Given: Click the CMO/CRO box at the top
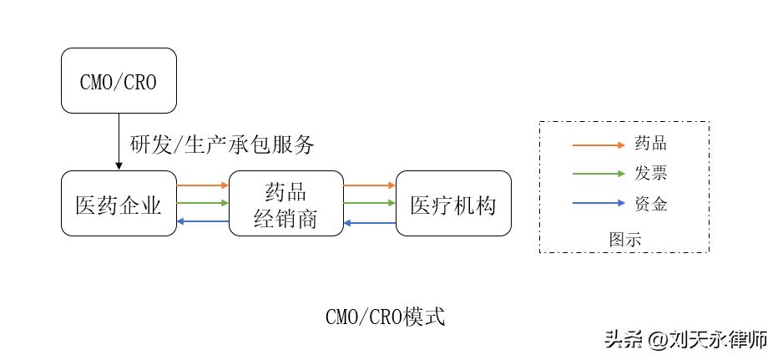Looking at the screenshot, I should (x=119, y=80).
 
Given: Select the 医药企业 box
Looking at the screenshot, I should (x=119, y=203).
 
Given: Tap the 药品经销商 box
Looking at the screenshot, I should (x=285, y=203).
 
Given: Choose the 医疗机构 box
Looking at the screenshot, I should (x=452, y=203).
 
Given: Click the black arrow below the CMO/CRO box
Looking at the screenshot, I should (x=119, y=141).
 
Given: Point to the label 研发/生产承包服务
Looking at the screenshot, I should (x=222, y=145).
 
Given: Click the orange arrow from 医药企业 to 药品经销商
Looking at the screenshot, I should (x=203, y=185).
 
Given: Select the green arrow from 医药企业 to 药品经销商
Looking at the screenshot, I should (x=203, y=203).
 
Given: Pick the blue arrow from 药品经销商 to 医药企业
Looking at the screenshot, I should (x=203, y=221).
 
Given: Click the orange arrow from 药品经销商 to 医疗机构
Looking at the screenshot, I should (x=370, y=185).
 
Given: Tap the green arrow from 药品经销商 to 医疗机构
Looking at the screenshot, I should (x=370, y=203).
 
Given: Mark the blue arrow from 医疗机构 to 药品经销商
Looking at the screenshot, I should (x=370, y=221).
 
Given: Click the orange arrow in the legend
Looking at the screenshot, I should (x=598, y=145).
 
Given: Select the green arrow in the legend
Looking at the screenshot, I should (x=598, y=174).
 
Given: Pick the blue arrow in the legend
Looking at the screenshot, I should (x=598, y=203).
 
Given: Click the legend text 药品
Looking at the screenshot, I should (x=651, y=145).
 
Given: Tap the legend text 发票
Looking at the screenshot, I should (x=651, y=174).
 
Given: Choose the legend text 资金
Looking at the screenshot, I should (x=651, y=203).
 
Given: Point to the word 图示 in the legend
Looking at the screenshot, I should (x=624, y=239).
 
